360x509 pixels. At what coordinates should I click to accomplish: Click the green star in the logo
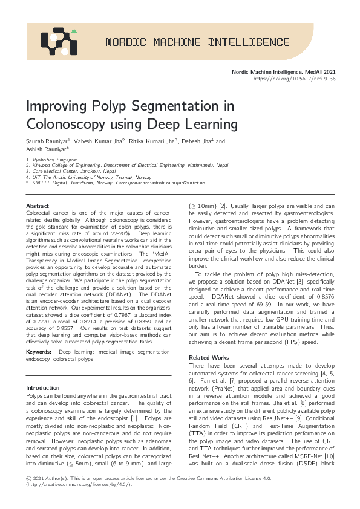(x=74, y=30)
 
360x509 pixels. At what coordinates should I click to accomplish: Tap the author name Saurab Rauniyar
(x=48, y=141)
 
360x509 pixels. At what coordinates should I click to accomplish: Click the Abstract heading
(x=38, y=206)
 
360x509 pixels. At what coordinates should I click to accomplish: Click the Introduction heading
(x=43, y=387)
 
